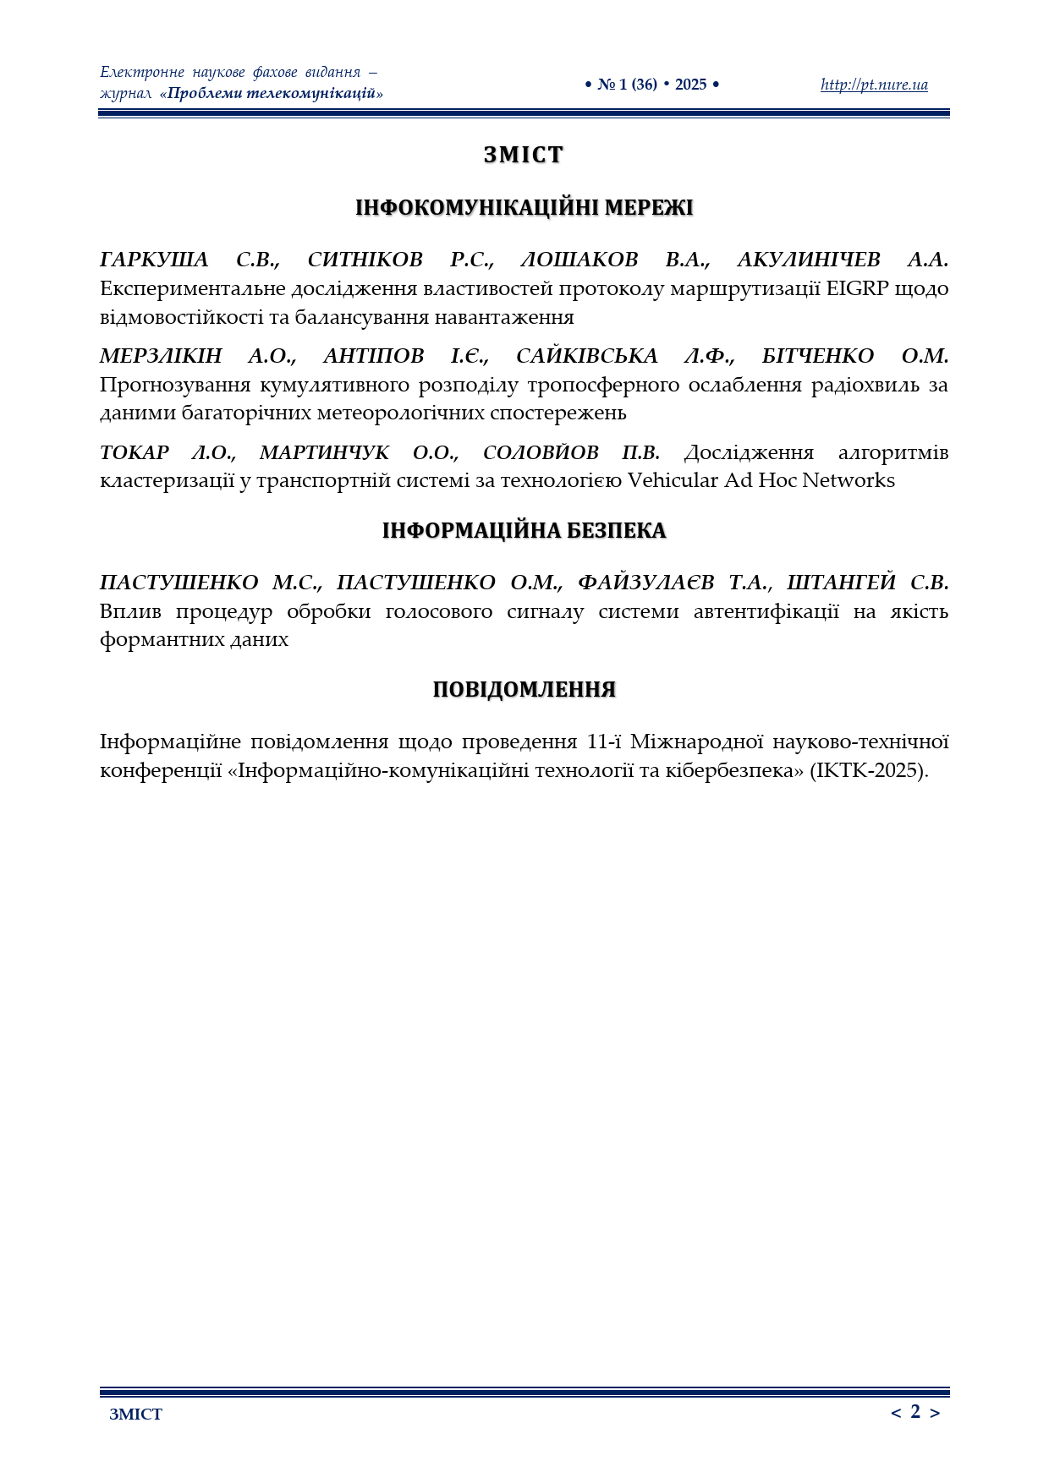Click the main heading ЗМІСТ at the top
click(524, 155)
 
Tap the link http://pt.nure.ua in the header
click(874, 85)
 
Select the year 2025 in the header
click(690, 85)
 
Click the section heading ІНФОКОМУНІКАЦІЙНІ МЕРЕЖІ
click(524, 208)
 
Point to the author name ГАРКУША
click(154, 260)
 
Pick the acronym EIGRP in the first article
click(857, 288)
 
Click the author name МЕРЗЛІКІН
click(161, 356)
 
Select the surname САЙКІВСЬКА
click(586, 356)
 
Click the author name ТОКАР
click(135, 452)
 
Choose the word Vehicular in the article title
click(679, 480)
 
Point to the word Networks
click(849, 480)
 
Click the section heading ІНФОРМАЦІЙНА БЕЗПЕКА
click(524, 531)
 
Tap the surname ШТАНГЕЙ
click(841, 583)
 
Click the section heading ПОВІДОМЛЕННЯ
click(524, 690)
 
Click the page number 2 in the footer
click(915, 1411)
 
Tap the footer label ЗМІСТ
click(135, 1415)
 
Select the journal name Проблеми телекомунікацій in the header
click(271, 93)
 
